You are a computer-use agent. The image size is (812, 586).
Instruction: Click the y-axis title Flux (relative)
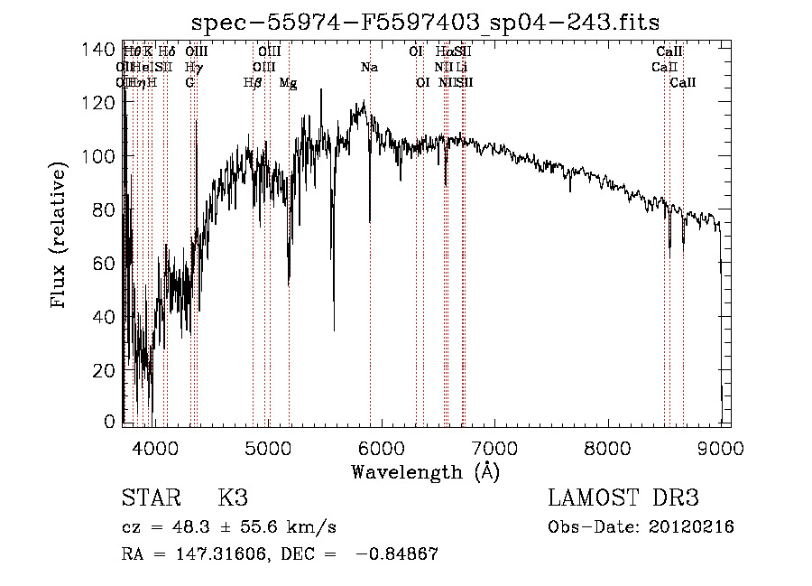coord(60,237)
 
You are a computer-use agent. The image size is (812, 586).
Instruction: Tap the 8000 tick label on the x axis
coord(608,447)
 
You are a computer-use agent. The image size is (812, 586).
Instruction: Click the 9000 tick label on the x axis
coord(721,447)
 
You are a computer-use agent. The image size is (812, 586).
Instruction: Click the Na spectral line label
coord(369,68)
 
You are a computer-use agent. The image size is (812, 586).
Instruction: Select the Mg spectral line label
coord(289,82)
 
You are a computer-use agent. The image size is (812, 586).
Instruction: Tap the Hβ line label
coord(253,82)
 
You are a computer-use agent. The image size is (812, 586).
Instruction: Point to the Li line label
coord(461,68)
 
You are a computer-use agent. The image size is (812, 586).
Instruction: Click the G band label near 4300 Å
coord(189,82)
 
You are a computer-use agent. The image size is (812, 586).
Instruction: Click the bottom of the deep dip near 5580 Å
coord(334,330)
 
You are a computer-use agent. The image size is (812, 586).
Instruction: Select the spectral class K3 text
coord(233,498)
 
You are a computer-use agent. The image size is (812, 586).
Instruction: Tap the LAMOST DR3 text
coord(623,498)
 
